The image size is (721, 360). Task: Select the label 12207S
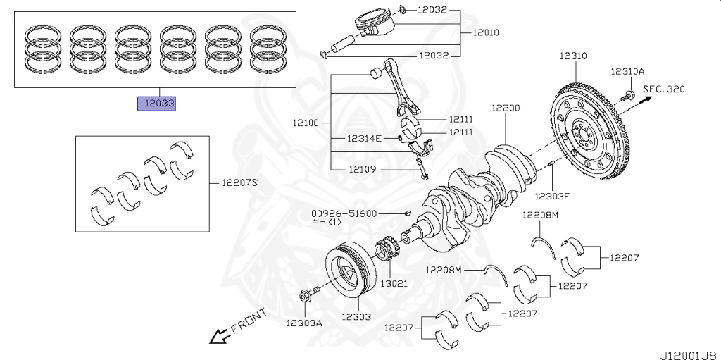coord(240,182)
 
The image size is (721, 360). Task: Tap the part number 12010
coord(487,32)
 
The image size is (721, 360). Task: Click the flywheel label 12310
coord(574,55)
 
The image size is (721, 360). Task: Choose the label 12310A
coord(627,71)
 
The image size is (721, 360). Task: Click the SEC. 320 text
coord(664,89)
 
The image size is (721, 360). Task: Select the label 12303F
coord(551,196)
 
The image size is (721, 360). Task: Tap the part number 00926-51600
coord(345,213)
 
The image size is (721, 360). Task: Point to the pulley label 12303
coord(356,317)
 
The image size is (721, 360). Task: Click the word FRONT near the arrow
coord(249,320)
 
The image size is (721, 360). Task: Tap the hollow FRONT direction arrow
coord(218,337)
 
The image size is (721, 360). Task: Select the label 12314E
coord(363,138)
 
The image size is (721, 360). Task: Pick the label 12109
coord(363,169)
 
